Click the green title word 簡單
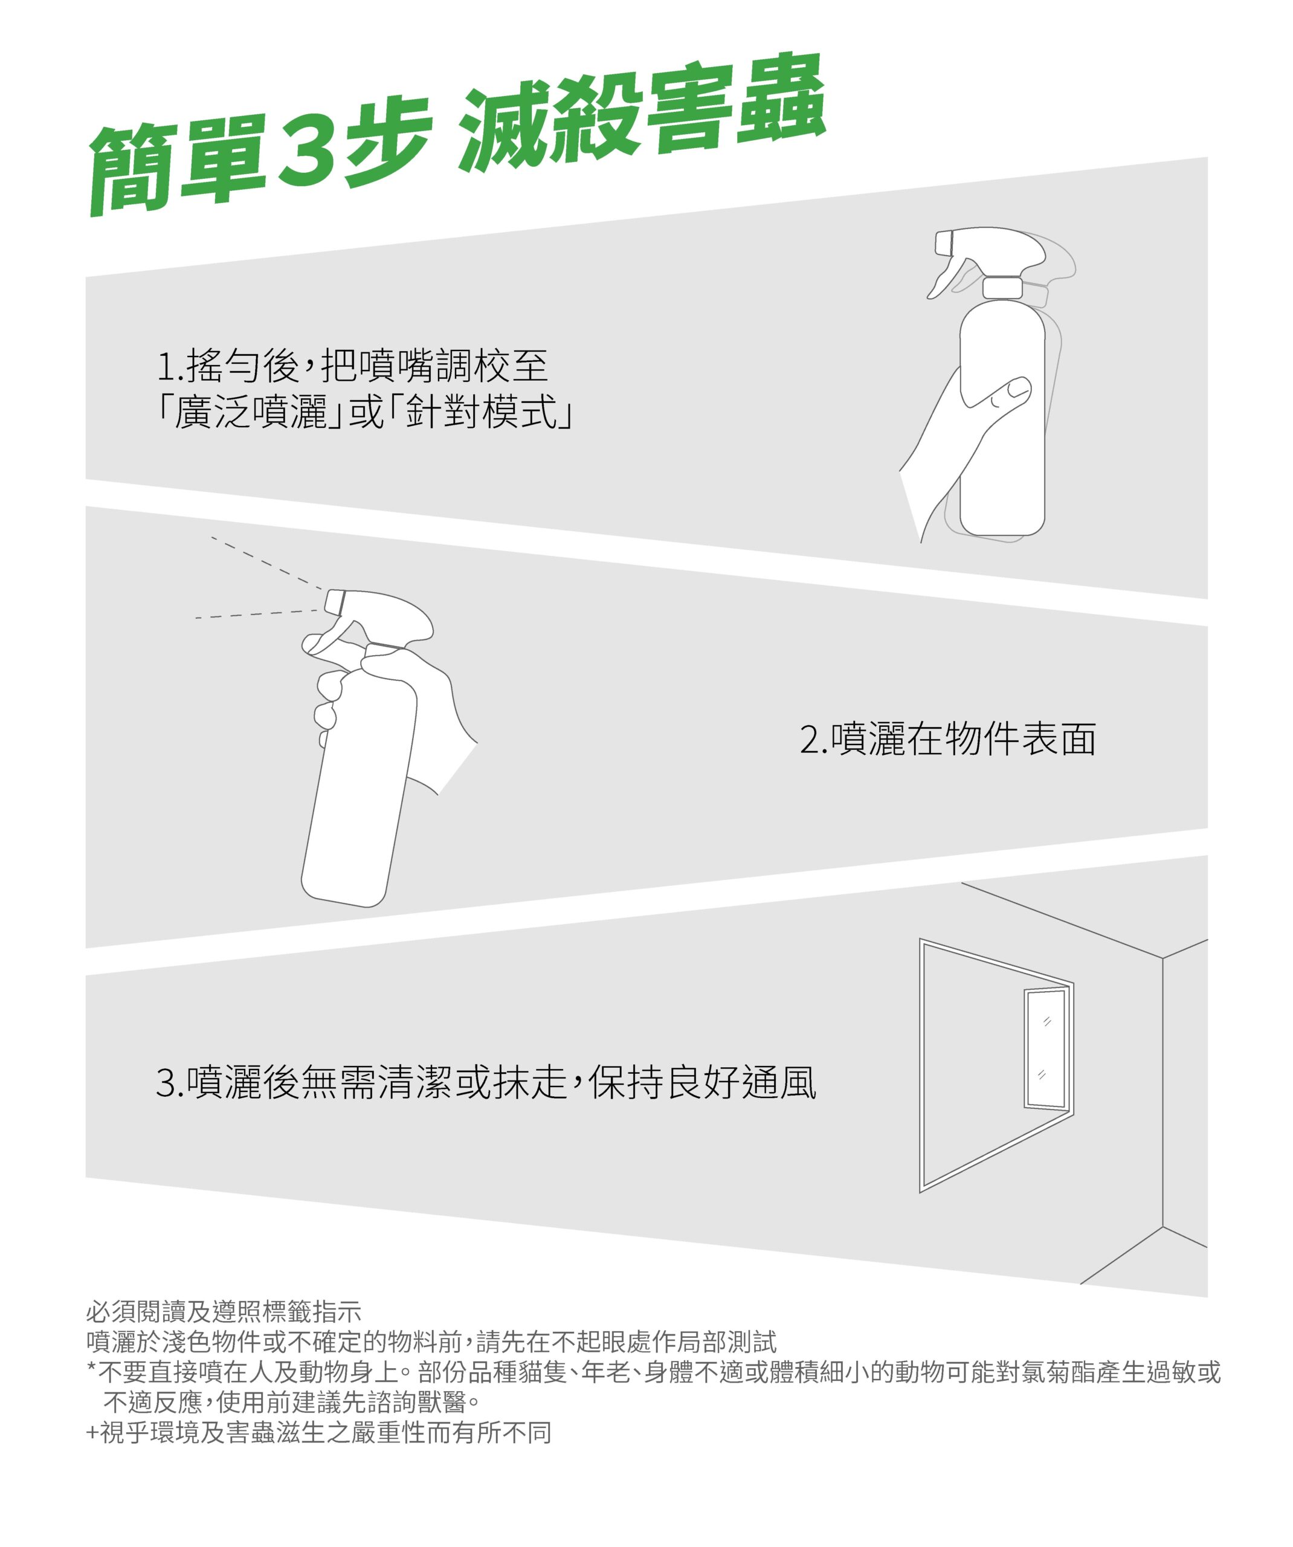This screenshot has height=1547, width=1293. (177, 166)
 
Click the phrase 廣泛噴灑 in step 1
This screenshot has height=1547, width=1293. (251, 412)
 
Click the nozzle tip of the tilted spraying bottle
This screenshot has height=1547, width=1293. (335, 601)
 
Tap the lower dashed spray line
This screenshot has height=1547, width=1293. (258, 613)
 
